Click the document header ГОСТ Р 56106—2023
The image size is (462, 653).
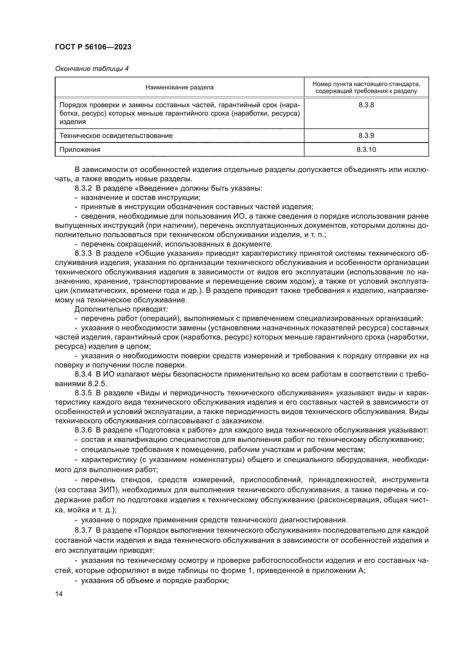(93, 47)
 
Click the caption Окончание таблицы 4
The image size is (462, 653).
(92, 69)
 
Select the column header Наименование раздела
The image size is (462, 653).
(179, 88)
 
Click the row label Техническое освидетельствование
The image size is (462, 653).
(116, 136)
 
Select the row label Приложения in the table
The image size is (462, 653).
(80, 150)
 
